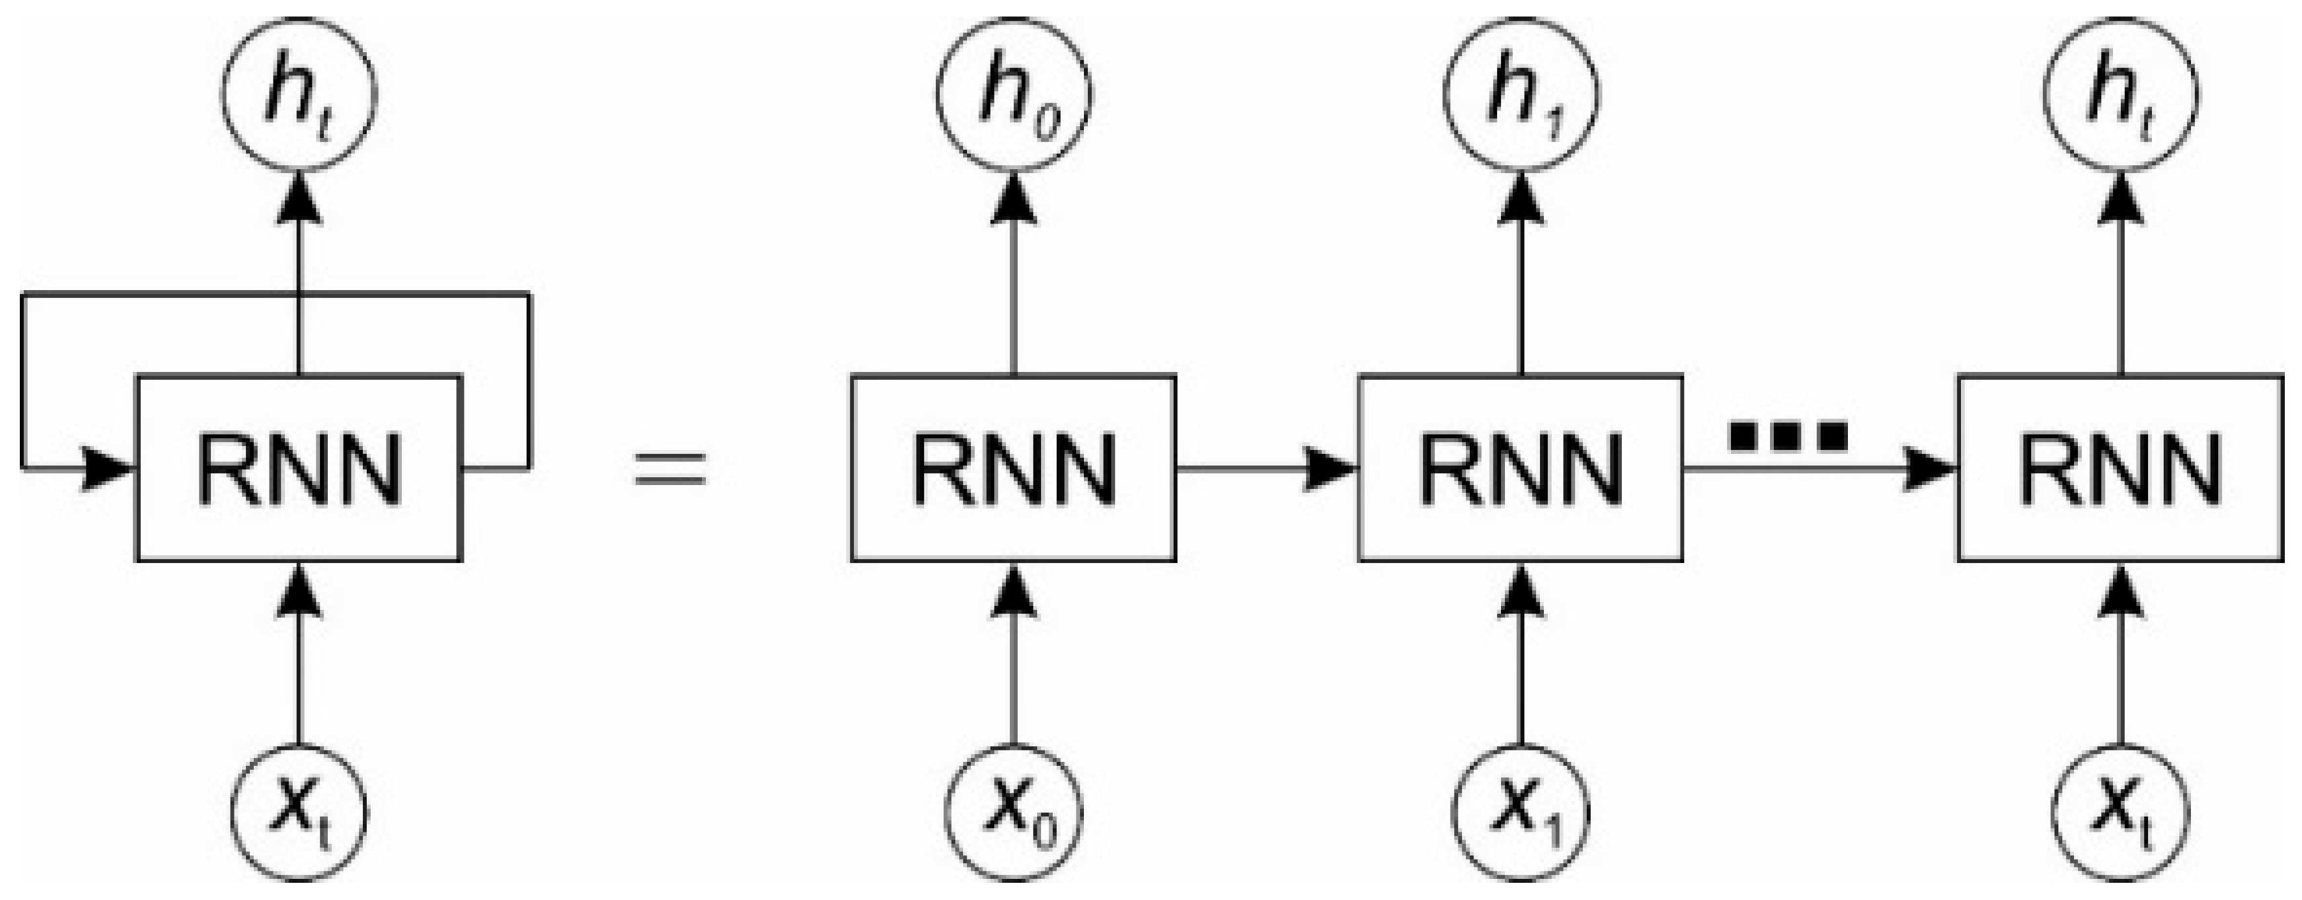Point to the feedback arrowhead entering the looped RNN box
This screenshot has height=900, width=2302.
coord(107,467)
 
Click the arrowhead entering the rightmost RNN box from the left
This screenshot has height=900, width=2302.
coord(1931,467)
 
